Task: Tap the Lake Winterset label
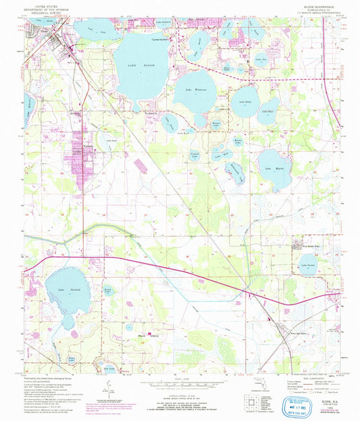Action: (x=193, y=89)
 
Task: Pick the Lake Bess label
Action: (x=267, y=111)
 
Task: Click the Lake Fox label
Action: (x=259, y=60)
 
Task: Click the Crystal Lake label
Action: (x=194, y=156)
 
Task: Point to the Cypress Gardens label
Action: (x=159, y=38)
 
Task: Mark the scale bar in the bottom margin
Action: (x=179, y=381)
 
